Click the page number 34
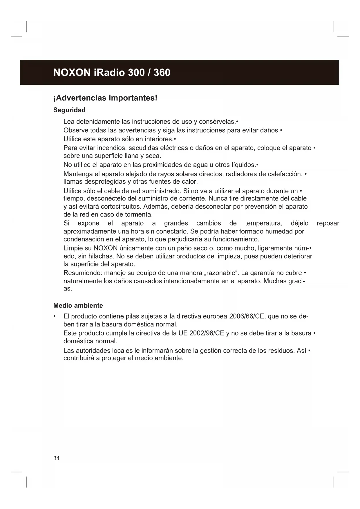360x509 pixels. (x=57, y=458)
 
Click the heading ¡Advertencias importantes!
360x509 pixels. (x=105, y=98)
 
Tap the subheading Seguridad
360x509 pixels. (x=69, y=110)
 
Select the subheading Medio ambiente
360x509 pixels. (x=78, y=306)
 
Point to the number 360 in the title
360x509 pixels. (x=162, y=73)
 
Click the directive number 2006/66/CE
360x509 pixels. (x=247, y=316)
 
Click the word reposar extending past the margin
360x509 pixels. (x=328, y=223)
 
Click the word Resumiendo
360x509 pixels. (x=83, y=273)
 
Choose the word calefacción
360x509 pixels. (x=285, y=174)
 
